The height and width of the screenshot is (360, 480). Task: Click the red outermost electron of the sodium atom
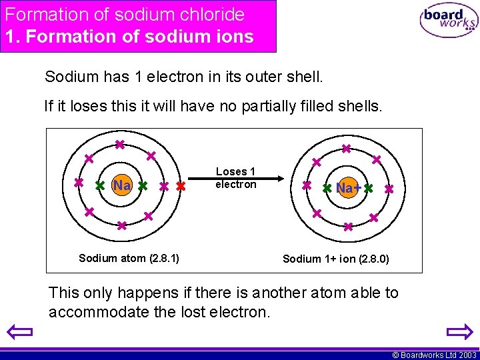[x=181, y=187]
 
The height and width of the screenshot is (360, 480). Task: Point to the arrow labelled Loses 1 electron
[x=236, y=178]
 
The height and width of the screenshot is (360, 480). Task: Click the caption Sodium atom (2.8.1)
[x=128, y=257]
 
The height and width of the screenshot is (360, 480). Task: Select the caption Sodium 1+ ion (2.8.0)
[x=336, y=259]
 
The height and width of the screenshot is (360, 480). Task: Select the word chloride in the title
[x=211, y=14]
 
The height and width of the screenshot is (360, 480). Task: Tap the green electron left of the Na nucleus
[x=100, y=186]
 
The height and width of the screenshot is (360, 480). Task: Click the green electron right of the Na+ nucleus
[x=368, y=189]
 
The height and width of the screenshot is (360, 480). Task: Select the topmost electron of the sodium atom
[x=119, y=145]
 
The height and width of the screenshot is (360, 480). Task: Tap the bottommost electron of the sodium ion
[x=348, y=227]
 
